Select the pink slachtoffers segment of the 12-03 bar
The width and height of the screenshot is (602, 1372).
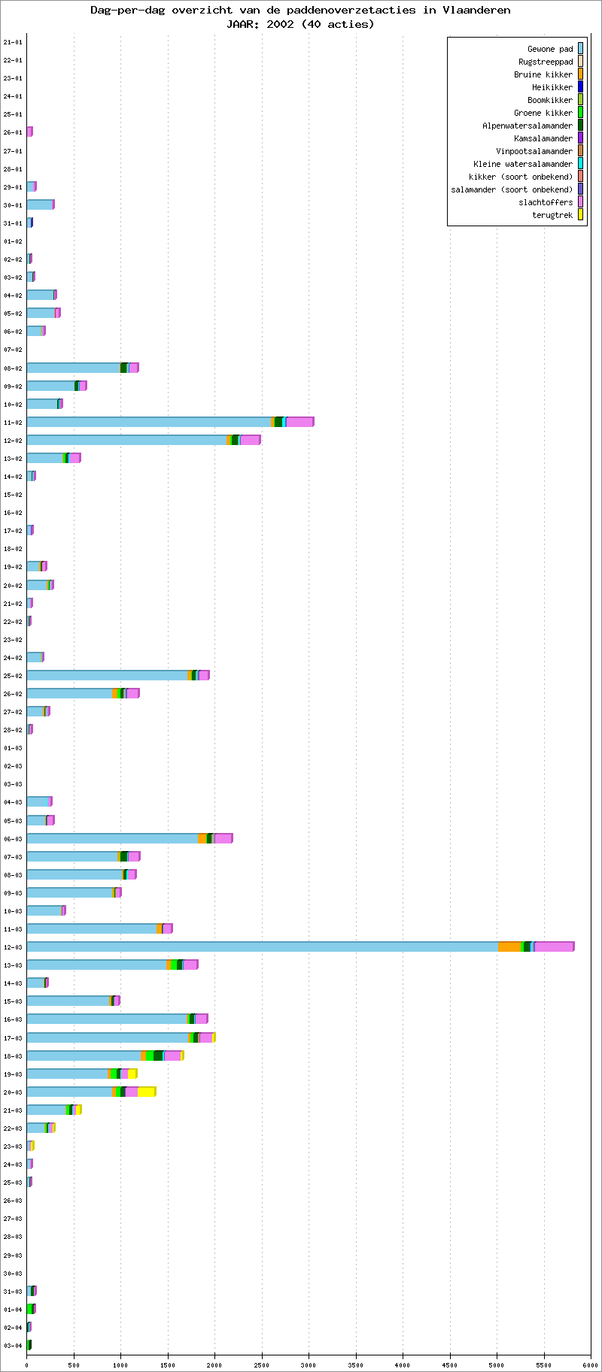point(554,946)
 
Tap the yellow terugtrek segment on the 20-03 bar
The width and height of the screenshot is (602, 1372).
point(146,1092)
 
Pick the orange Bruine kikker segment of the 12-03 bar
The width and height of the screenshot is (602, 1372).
point(509,946)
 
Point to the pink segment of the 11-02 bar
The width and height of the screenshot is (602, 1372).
point(299,422)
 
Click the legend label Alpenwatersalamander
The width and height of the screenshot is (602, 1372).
point(527,126)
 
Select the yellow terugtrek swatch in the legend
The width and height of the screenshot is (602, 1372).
point(580,215)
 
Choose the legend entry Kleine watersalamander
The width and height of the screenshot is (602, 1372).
point(522,164)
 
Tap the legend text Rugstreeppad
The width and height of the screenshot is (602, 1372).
point(545,62)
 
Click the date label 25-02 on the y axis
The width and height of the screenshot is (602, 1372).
point(13,676)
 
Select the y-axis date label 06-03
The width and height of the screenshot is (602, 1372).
point(13,839)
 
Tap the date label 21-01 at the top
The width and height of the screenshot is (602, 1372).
point(13,42)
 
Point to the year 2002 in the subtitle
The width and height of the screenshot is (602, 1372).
point(280,23)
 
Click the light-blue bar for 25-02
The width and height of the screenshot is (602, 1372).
point(107,675)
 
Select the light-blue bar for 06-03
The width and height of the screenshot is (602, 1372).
point(112,838)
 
